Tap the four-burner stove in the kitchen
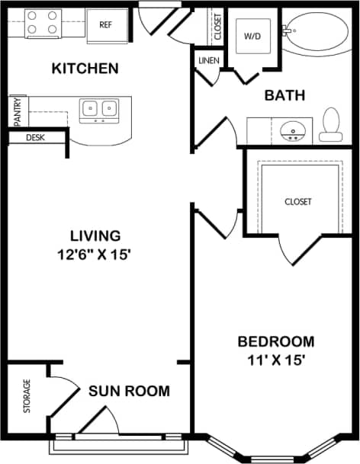(x=43, y=24)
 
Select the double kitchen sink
(x=99, y=110)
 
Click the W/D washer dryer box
(x=252, y=36)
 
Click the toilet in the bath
(x=330, y=126)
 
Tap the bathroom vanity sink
(x=291, y=132)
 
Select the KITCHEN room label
(x=85, y=69)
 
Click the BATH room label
(x=284, y=95)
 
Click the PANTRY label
(x=17, y=110)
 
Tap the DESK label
(x=35, y=138)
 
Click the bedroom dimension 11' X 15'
(x=275, y=360)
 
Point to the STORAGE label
(x=27, y=396)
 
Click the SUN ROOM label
(x=129, y=392)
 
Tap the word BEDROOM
(x=275, y=341)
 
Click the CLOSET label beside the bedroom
(x=298, y=202)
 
